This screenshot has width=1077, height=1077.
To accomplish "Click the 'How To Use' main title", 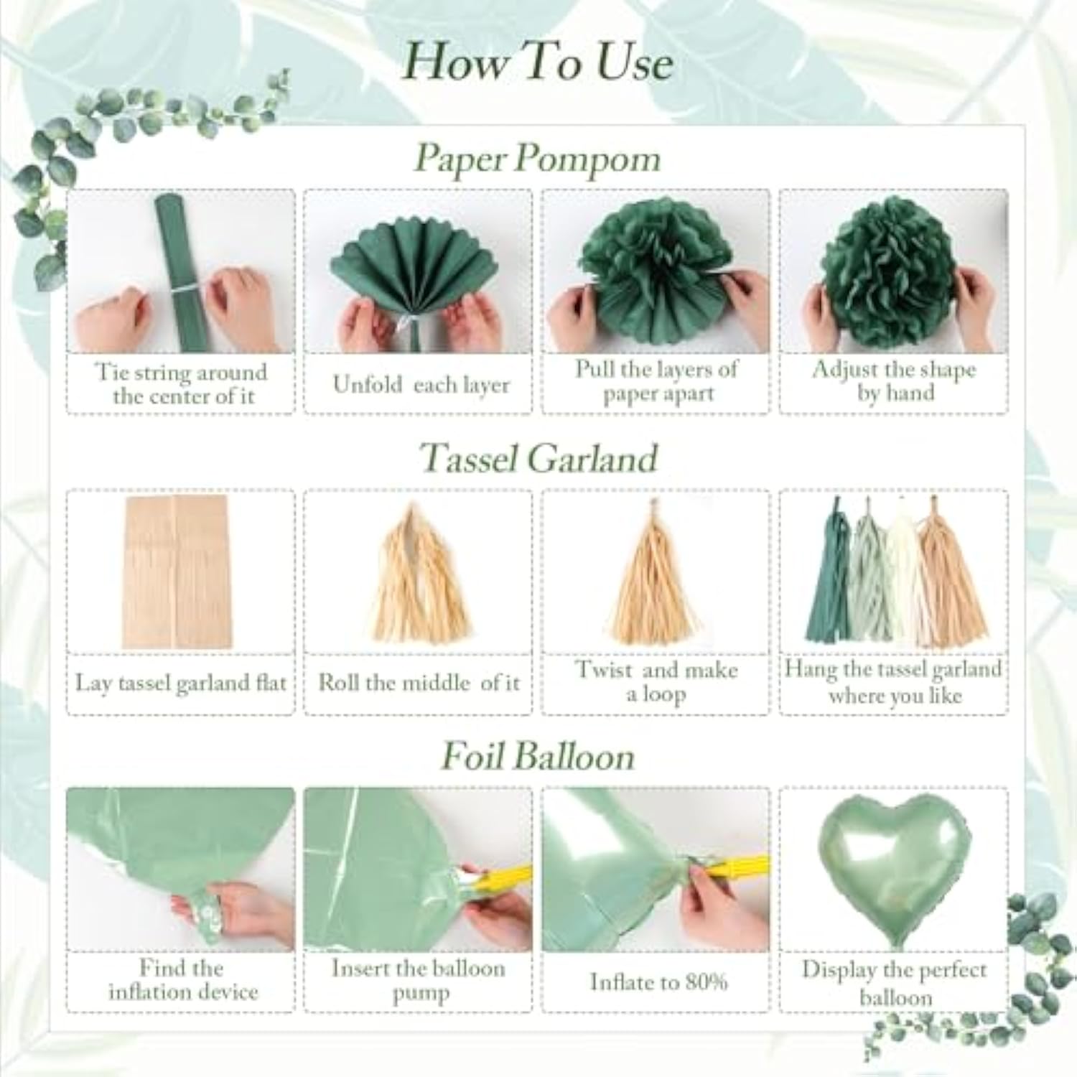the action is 538,62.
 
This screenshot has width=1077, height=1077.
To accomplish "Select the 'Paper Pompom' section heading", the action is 537,157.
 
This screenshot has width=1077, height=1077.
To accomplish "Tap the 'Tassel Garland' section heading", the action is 538,457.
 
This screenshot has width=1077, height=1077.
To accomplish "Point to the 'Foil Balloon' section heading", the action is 538,756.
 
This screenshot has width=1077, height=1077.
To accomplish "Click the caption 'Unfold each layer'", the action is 421,385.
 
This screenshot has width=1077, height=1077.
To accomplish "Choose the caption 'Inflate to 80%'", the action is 658,982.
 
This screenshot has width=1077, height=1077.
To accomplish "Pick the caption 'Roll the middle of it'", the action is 419,682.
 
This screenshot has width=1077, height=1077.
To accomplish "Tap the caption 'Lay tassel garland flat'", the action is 181,683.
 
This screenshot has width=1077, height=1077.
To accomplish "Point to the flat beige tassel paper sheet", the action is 175,571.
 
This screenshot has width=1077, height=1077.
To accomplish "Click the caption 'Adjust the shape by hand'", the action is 895,381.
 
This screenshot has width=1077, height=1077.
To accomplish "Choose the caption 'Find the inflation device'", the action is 182,980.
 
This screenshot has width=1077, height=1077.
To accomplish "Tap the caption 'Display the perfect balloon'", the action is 895,983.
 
